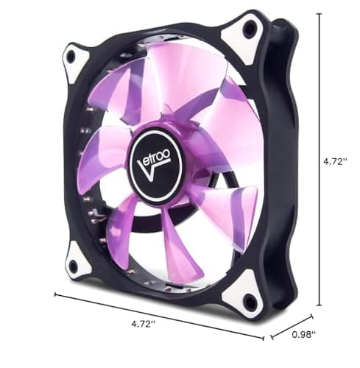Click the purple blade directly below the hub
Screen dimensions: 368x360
point(177,236)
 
